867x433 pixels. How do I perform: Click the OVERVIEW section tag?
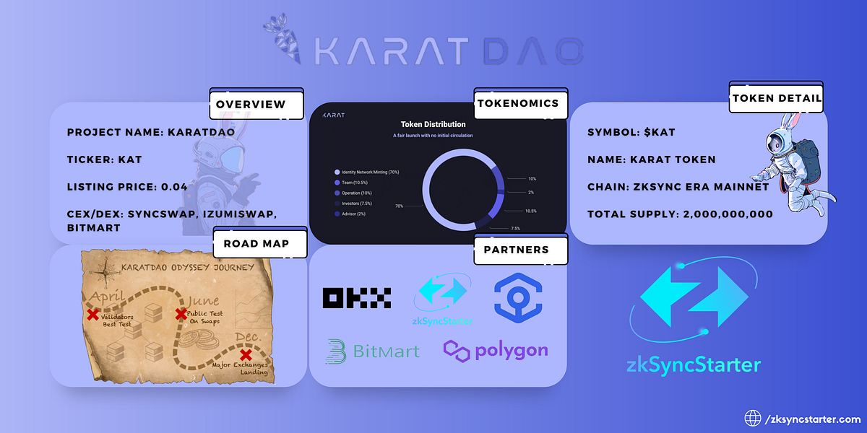pos(251,105)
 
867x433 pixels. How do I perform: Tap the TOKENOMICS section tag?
pos(518,103)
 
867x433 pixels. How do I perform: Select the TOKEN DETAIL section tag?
pos(776,99)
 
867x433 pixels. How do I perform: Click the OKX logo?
pos(357,297)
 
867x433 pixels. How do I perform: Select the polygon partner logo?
pos(496,351)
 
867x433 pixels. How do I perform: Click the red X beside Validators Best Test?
pos(92,315)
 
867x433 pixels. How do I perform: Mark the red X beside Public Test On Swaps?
pos(181,315)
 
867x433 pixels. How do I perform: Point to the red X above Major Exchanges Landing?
pos(246,354)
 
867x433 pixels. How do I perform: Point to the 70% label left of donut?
pos(400,206)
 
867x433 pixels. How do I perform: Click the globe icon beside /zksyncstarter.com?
pos(754,418)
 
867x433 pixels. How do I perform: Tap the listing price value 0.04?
pos(175,187)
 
